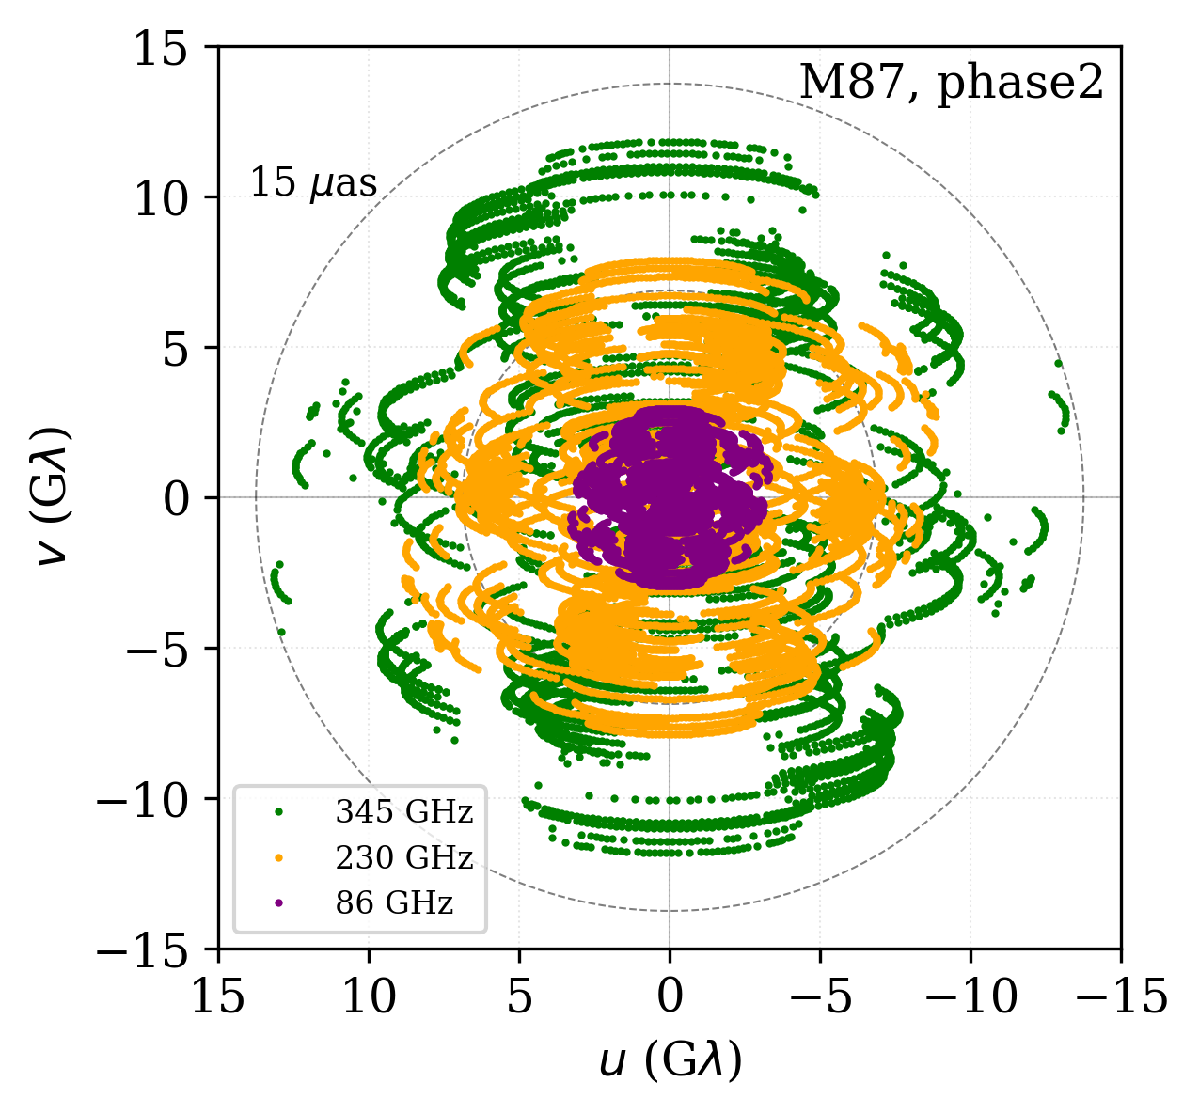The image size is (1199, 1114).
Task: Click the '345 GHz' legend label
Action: (403, 811)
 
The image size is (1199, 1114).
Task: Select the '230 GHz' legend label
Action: (403, 857)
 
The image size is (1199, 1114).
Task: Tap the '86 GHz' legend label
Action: (394, 903)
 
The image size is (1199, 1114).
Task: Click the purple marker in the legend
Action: (278, 903)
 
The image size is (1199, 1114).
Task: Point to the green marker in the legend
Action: (278, 811)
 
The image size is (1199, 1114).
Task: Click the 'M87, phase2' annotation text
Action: (951, 84)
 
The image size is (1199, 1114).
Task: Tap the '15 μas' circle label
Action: (313, 183)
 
